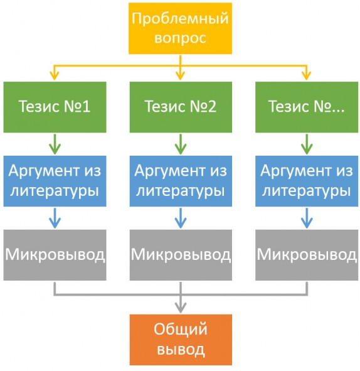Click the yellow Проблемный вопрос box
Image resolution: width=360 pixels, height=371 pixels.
[x=180, y=28]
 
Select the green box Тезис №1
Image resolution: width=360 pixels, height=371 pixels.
[x=55, y=107]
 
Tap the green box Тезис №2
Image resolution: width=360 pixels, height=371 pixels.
[x=181, y=107]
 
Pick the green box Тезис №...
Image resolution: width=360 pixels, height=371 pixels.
[x=307, y=107]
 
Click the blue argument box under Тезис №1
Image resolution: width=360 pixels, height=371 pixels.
[x=55, y=181]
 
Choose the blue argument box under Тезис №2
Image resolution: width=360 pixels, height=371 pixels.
[x=181, y=181]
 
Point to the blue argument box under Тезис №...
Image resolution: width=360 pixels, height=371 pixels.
[x=307, y=181]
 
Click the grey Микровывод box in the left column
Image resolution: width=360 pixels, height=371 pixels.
[x=55, y=255]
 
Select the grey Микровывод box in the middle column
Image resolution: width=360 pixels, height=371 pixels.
[x=181, y=255]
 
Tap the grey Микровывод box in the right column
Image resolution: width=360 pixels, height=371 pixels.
[x=307, y=255]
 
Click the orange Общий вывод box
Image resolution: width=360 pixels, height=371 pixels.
[x=181, y=340]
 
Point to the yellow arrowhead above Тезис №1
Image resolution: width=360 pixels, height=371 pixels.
[x=55, y=76]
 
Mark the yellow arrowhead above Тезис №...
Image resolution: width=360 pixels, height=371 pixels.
[x=307, y=76]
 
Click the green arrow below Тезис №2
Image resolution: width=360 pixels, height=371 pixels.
[x=181, y=144]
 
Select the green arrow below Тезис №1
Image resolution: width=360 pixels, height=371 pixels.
[x=55, y=144]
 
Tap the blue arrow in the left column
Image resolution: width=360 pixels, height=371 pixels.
[x=55, y=218]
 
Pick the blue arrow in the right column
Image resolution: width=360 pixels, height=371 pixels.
[x=307, y=218]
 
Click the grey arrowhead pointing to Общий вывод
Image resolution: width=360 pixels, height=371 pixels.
[x=181, y=308]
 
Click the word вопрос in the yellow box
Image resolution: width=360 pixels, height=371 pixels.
[x=180, y=38]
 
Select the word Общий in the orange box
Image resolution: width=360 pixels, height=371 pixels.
[x=181, y=330]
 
